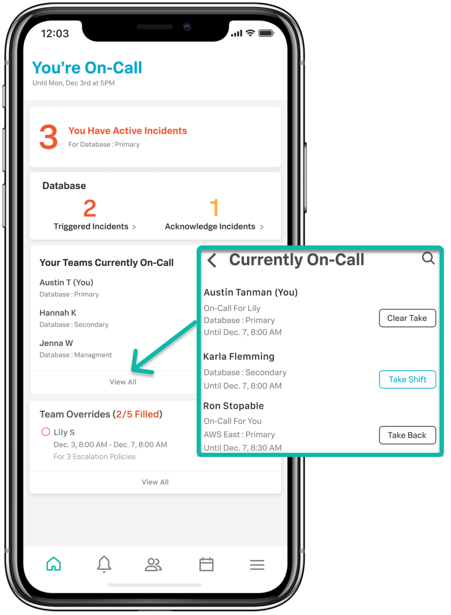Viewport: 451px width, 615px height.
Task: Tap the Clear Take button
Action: [407, 318]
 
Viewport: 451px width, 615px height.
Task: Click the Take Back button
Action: [407, 435]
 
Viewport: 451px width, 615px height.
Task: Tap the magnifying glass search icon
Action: [428, 258]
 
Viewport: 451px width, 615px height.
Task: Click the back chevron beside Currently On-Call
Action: [212, 260]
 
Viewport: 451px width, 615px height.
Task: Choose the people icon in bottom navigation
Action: [153, 564]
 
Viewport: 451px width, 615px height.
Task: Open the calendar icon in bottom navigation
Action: [206, 564]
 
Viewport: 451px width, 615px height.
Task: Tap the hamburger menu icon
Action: [257, 565]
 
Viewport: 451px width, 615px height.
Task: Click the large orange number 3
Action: [49, 137]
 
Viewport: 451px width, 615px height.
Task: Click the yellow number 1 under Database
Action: [214, 208]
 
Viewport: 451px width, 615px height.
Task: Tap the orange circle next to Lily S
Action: [46, 432]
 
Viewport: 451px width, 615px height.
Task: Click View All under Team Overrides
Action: [155, 482]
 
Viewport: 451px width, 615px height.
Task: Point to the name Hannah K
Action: [58, 313]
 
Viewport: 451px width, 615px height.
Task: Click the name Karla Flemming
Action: [239, 356]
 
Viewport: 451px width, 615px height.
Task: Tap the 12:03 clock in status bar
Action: [55, 34]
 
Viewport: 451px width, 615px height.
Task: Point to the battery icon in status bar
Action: [266, 33]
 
